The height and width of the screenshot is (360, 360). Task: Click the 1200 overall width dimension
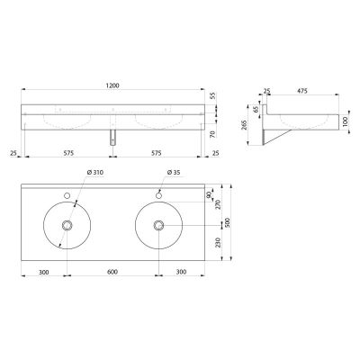112,85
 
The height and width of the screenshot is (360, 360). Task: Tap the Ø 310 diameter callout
94,173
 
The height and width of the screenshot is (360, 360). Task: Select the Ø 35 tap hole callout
174,173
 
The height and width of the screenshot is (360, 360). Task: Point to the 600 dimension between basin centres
112,272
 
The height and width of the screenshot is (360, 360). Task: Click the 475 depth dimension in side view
302,91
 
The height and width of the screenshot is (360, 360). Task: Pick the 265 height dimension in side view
244,125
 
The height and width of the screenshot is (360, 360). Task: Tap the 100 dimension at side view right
344,122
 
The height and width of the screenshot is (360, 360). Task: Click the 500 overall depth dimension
227,222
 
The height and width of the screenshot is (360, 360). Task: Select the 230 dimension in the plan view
218,242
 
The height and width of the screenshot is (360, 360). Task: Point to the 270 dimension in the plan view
218,204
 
